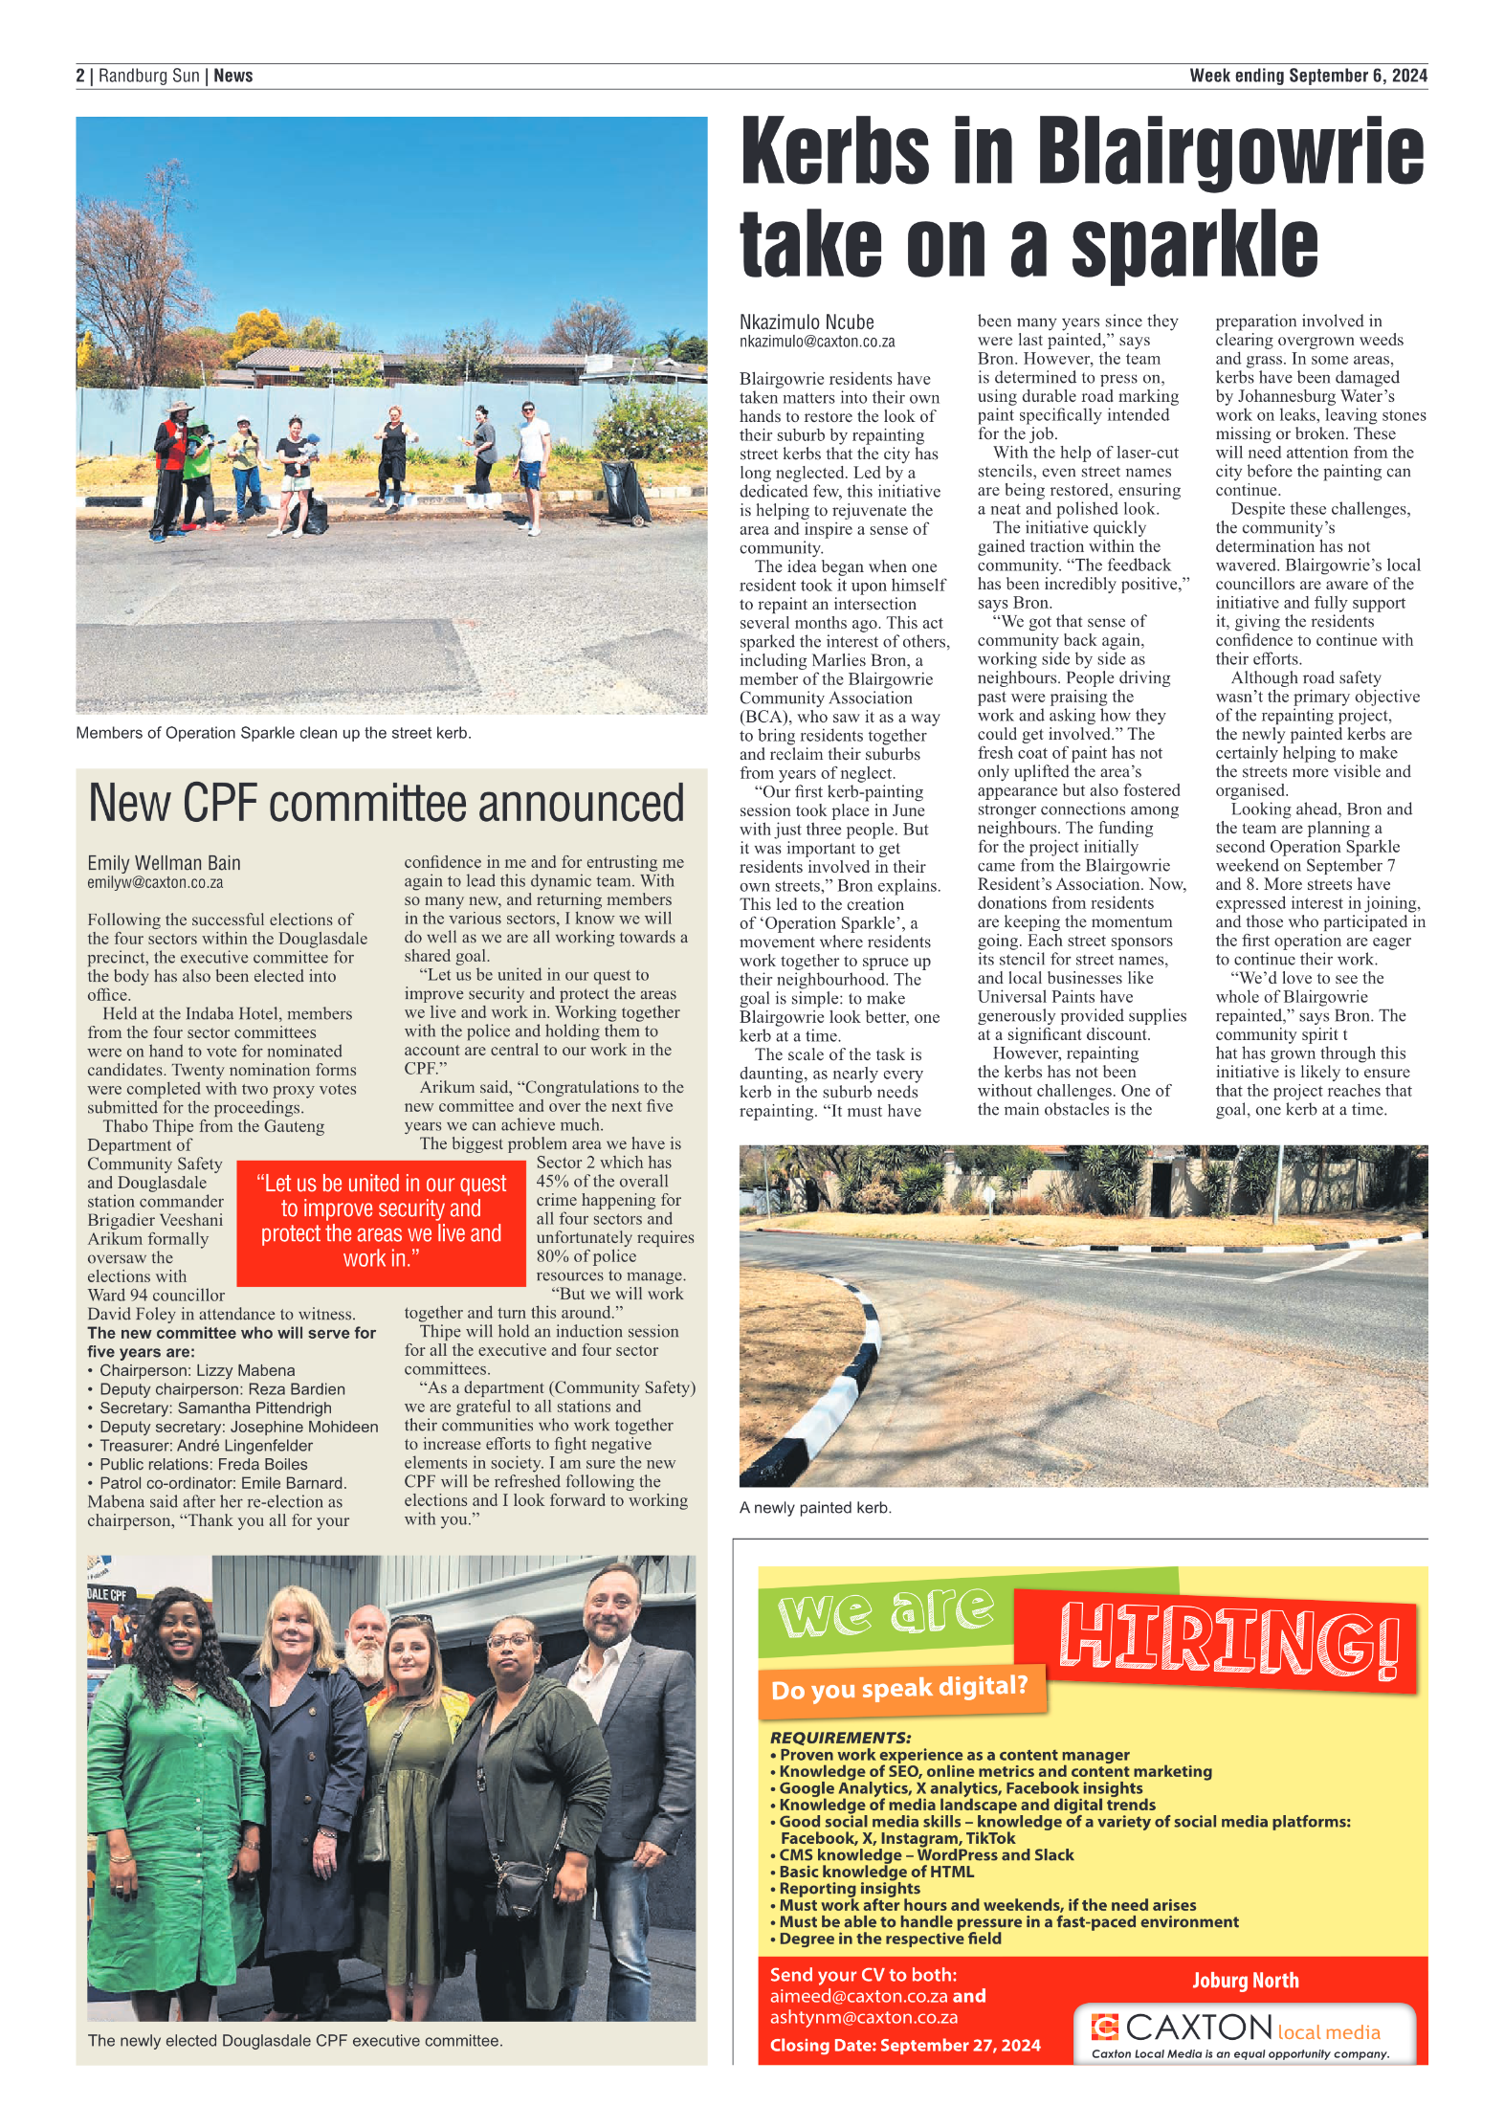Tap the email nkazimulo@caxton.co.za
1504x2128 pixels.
816,342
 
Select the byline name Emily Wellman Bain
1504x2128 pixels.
164,863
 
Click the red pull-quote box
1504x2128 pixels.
381,1222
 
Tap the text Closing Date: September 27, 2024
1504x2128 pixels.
904,2045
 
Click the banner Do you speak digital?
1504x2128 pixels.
899,1688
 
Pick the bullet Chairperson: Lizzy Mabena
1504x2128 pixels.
197,1370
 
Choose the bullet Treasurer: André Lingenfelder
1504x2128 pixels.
206,1445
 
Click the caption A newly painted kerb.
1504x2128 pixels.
814,1507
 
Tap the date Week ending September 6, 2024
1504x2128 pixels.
1307,76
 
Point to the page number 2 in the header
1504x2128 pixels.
80,76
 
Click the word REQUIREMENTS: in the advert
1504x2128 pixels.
840,1737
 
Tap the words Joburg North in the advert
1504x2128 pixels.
1245,1980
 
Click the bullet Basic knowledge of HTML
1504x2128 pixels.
875,1871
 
